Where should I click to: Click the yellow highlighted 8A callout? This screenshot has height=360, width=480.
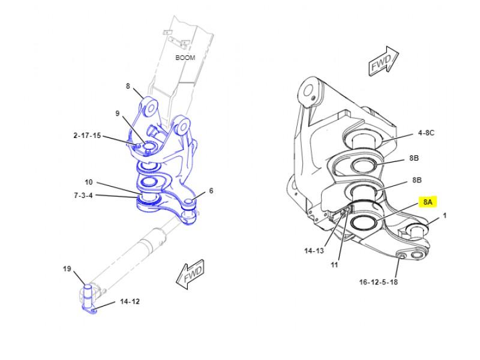point(428,202)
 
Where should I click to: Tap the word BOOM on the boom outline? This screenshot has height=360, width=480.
point(185,58)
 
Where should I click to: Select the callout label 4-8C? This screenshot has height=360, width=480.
point(426,133)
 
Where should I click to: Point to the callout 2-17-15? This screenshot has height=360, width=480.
point(87,136)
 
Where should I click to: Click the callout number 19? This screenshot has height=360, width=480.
point(67,269)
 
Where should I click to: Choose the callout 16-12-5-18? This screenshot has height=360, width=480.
point(379,282)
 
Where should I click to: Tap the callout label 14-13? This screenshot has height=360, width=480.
point(314,251)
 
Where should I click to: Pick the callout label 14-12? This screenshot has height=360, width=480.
point(130,302)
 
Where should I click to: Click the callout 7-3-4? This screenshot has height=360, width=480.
point(83,196)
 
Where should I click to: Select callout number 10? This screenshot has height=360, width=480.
point(88,182)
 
